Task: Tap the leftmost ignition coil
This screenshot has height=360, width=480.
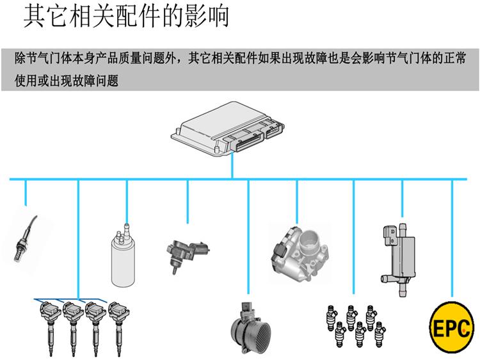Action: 49,323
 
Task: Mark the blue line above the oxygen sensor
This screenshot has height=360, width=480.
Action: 26,192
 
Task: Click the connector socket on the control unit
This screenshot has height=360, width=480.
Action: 246,138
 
